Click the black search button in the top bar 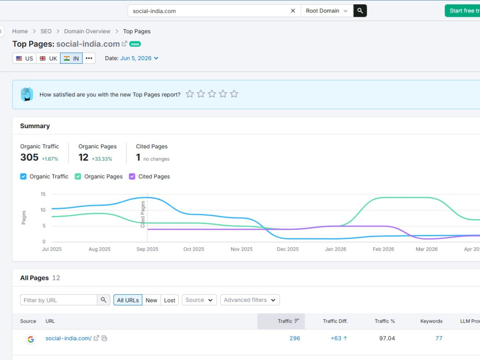[x=360, y=11]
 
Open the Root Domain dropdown [x=327, y=11]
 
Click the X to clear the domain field [x=293, y=11]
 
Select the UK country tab [x=48, y=58]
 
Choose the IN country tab [x=72, y=58]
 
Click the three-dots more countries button [x=89, y=58]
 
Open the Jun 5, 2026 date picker [x=139, y=58]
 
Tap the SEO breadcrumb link [x=46, y=31]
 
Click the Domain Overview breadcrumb [x=87, y=31]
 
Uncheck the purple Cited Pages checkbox [x=132, y=176]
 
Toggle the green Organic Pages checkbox [x=78, y=176]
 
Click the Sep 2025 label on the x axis [x=147, y=249]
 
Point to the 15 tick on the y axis [x=43, y=194]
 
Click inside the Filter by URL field [x=59, y=300]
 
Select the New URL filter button [x=151, y=300]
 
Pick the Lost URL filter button [x=169, y=300]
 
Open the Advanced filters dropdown [x=250, y=300]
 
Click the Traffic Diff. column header [x=335, y=321]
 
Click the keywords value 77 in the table [x=439, y=338]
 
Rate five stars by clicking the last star [x=234, y=94]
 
